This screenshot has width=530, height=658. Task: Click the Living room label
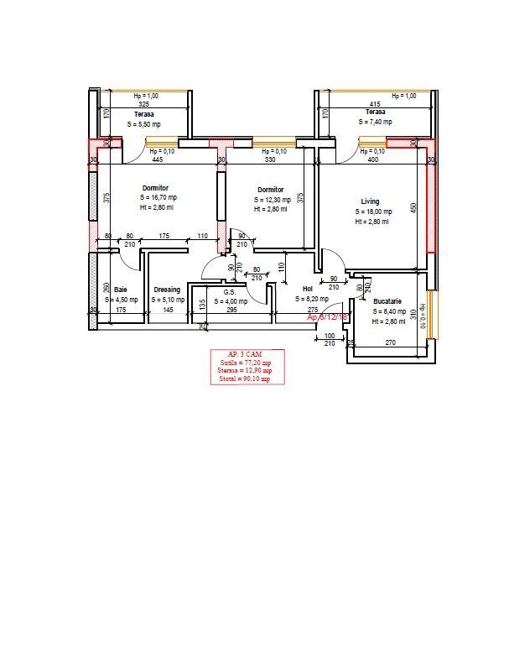[x=370, y=201]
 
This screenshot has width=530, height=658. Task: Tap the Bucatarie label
[x=387, y=300]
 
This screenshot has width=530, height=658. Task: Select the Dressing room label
[x=167, y=290]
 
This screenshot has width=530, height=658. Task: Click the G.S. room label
[x=229, y=291]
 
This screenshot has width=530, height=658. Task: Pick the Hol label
[x=307, y=289]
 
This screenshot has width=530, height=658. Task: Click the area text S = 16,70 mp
[x=158, y=197]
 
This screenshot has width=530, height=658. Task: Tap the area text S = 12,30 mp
[x=273, y=200]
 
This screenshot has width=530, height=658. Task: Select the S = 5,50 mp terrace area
[x=143, y=123]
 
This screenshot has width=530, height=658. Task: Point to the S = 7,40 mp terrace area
[x=375, y=122]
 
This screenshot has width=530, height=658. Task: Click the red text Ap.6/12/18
[x=328, y=318]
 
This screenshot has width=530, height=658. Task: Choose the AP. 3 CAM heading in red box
[x=247, y=354]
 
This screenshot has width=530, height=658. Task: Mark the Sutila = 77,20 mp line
[x=247, y=363]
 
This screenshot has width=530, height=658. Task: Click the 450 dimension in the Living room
[x=413, y=208]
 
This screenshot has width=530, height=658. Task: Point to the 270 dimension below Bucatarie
[x=390, y=342]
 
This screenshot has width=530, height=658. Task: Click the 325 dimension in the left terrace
[x=144, y=104]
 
